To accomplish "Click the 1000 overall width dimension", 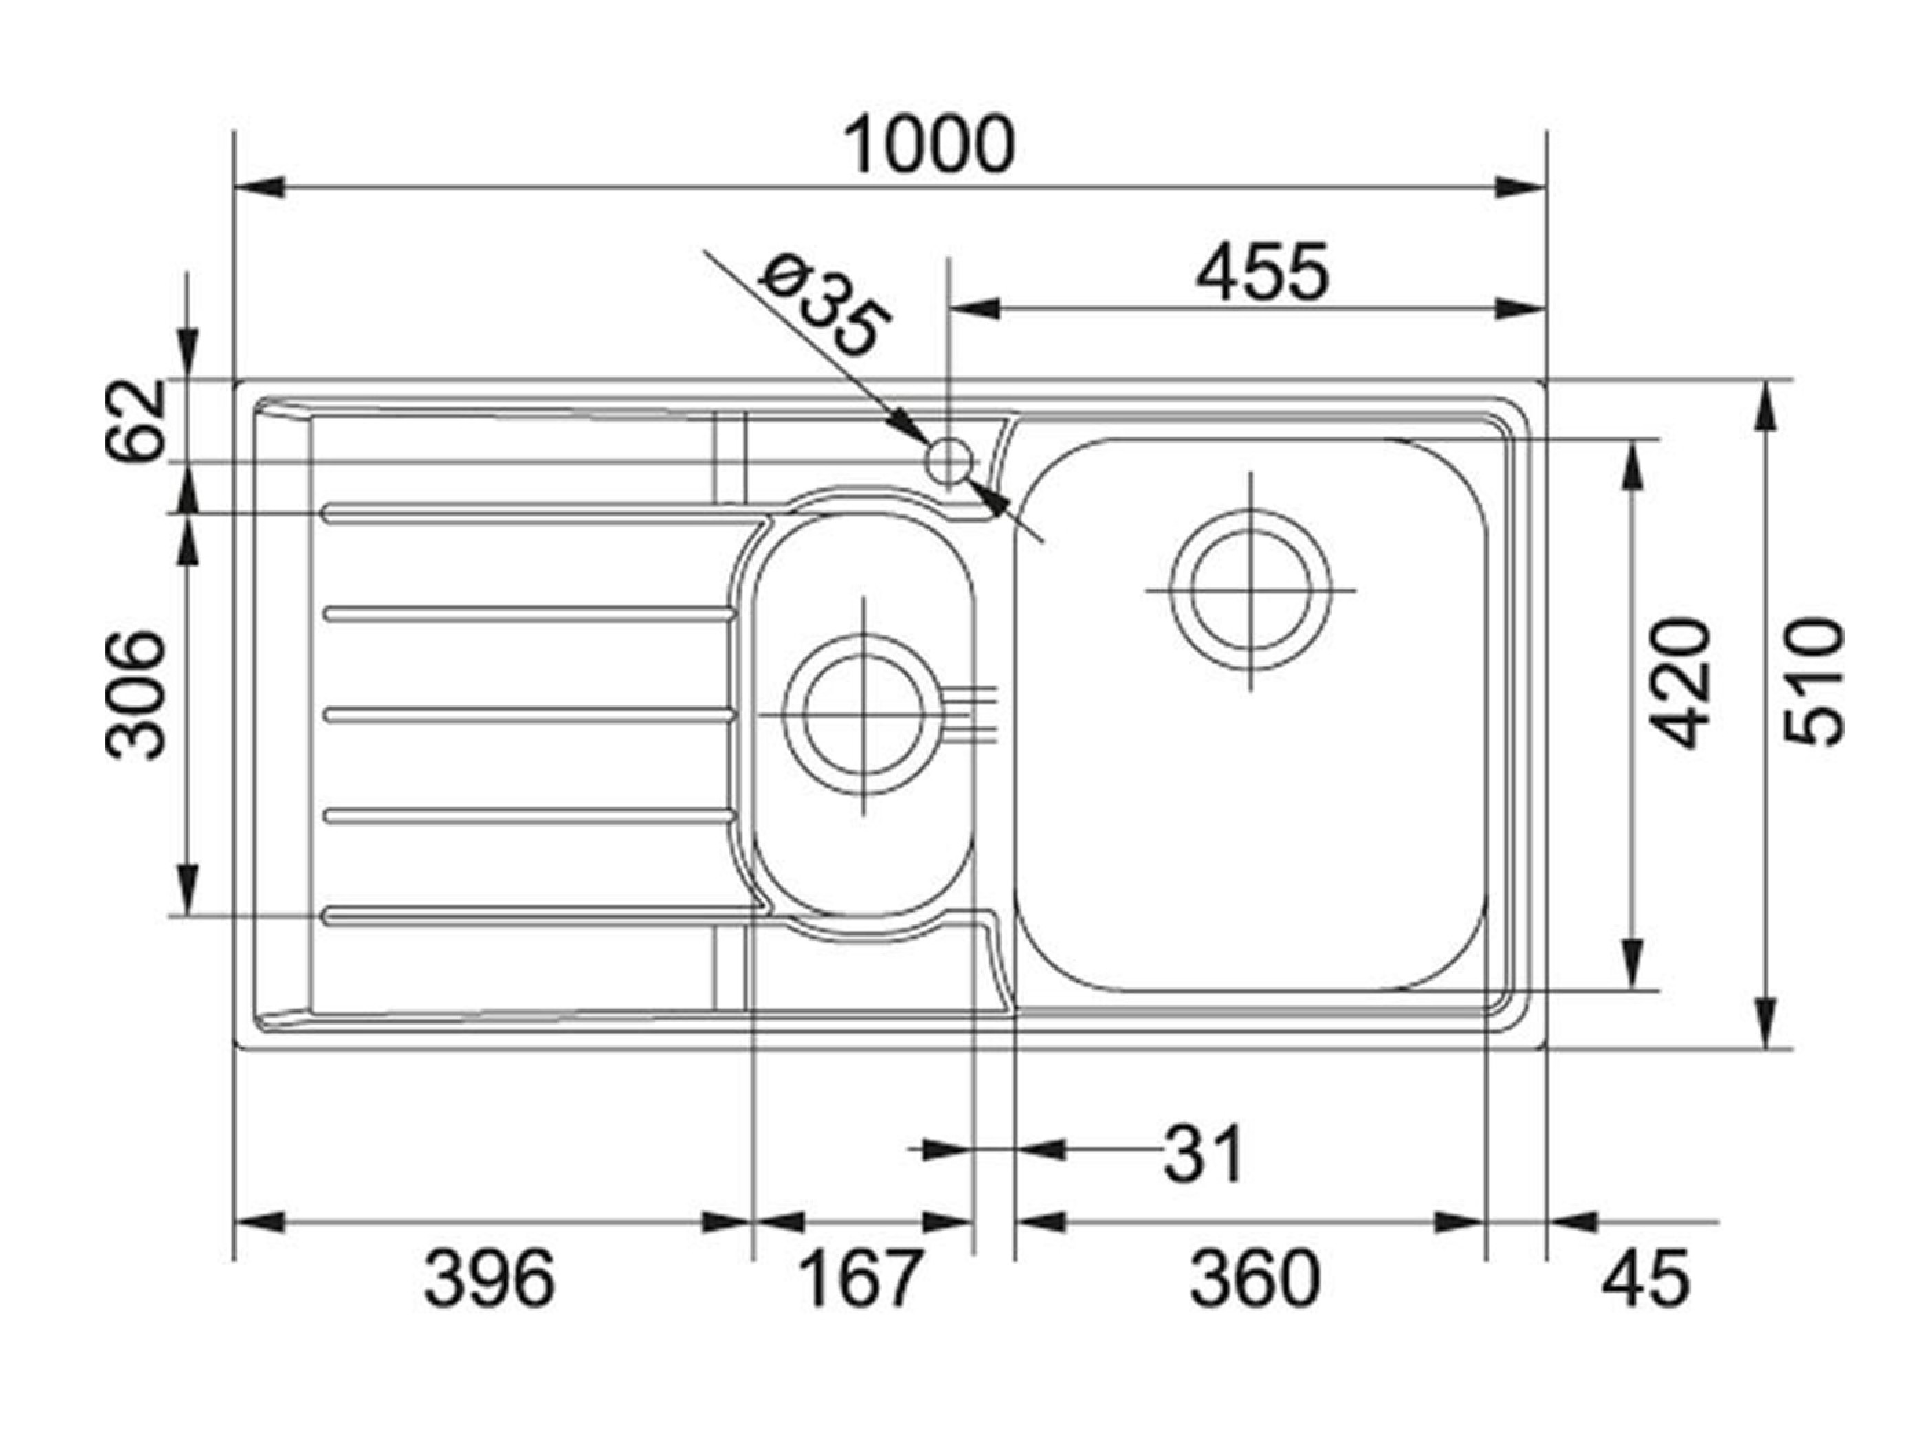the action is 930,144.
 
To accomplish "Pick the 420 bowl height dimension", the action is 1680,683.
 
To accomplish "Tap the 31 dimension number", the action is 1202,1154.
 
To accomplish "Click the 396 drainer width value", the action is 488,1278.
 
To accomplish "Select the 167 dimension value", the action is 859,1278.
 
